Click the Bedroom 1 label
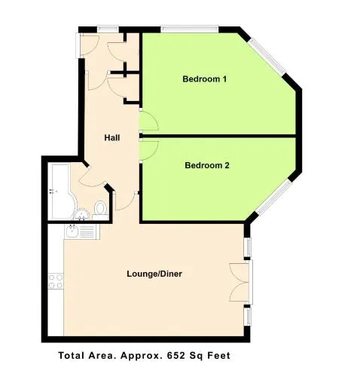coord(204,79)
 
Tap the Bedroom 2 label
coord(207,165)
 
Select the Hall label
coord(112,138)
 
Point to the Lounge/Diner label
coord(154,274)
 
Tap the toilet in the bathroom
coord(100,210)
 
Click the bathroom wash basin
coord(81,214)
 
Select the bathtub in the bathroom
coord(62,192)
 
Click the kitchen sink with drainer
coord(82,232)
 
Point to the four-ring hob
coord(56,281)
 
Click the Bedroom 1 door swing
coord(149,121)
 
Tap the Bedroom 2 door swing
coord(149,150)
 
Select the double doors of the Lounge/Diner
coord(240,282)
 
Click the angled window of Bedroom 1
coord(267,57)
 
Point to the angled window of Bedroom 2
coord(273,198)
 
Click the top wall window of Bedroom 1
coord(190,29)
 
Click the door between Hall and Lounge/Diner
coord(126,201)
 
